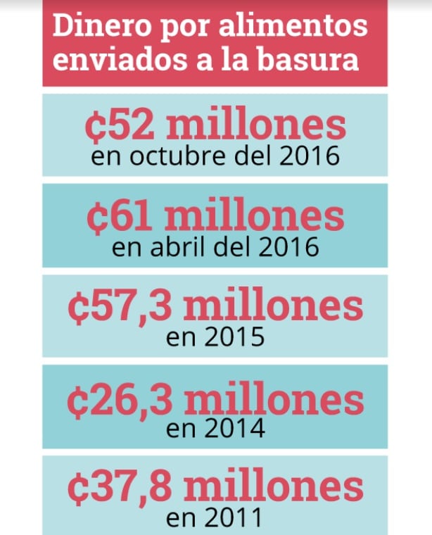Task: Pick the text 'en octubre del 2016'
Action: click(215, 156)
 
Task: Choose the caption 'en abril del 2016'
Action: click(215, 248)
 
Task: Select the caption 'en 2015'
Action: click(215, 337)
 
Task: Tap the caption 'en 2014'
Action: click(215, 429)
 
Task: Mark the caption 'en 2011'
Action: click(215, 519)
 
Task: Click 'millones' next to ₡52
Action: click(255, 125)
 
